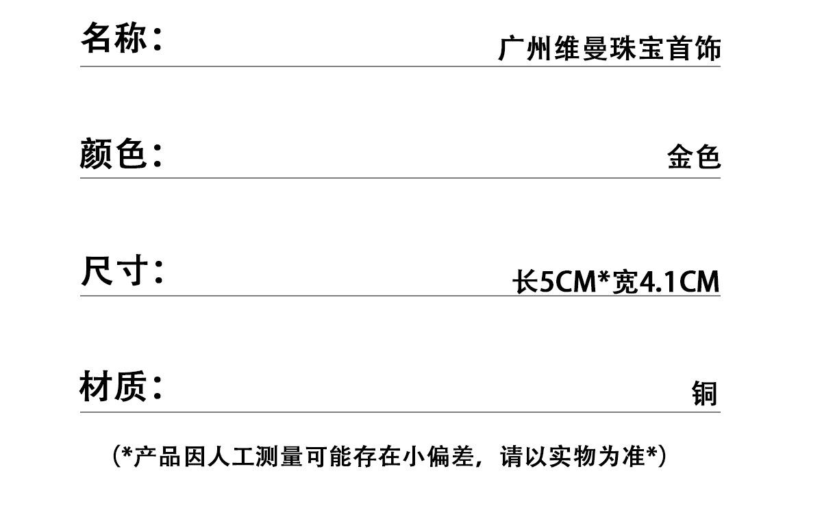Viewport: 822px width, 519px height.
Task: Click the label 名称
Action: (x=114, y=38)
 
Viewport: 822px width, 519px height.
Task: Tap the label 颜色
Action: (x=112, y=153)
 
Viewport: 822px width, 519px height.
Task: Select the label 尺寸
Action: (x=114, y=270)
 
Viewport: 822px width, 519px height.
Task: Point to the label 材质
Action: (x=113, y=386)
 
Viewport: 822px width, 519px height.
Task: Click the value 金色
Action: (x=694, y=157)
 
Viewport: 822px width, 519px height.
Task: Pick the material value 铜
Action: (x=705, y=394)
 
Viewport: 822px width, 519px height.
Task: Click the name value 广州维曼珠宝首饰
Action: (x=610, y=48)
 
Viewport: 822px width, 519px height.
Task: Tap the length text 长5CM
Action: (x=554, y=281)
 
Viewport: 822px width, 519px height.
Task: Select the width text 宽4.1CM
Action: (x=666, y=281)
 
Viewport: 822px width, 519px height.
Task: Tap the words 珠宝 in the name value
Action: (x=638, y=48)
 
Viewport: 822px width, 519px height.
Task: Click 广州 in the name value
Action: (x=525, y=48)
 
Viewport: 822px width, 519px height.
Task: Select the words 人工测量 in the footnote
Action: (x=255, y=457)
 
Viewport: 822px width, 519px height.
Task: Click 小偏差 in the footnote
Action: (x=438, y=457)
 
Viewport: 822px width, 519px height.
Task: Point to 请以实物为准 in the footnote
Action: (x=572, y=457)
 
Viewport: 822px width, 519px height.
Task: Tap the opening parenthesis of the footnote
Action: (x=116, y=457)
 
